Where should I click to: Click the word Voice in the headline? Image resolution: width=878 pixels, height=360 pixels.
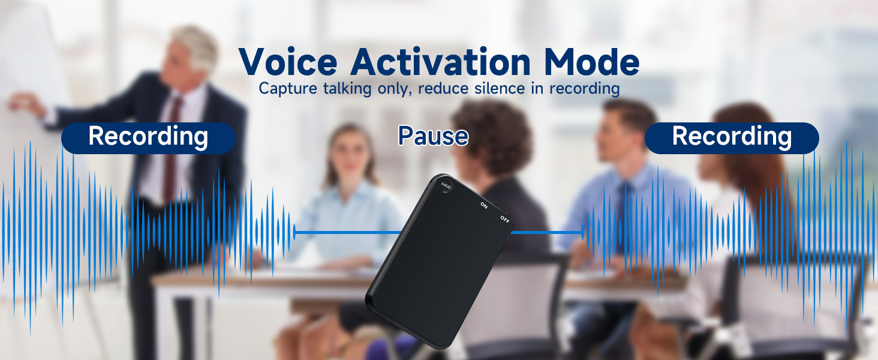tap(289, 62)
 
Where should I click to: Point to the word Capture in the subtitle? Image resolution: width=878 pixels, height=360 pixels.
tap(285, 89)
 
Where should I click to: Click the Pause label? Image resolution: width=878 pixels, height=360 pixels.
tap(433, 136)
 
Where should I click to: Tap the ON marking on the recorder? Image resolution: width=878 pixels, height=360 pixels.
tap(483, 205)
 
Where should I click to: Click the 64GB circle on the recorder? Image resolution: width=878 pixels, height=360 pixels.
tap(445, 185)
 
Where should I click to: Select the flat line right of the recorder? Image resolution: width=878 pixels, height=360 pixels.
tap(546, 232)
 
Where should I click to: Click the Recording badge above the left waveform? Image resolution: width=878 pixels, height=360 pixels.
tap(148, 137)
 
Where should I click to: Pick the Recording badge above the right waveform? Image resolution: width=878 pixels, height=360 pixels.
tap(732, 137)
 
